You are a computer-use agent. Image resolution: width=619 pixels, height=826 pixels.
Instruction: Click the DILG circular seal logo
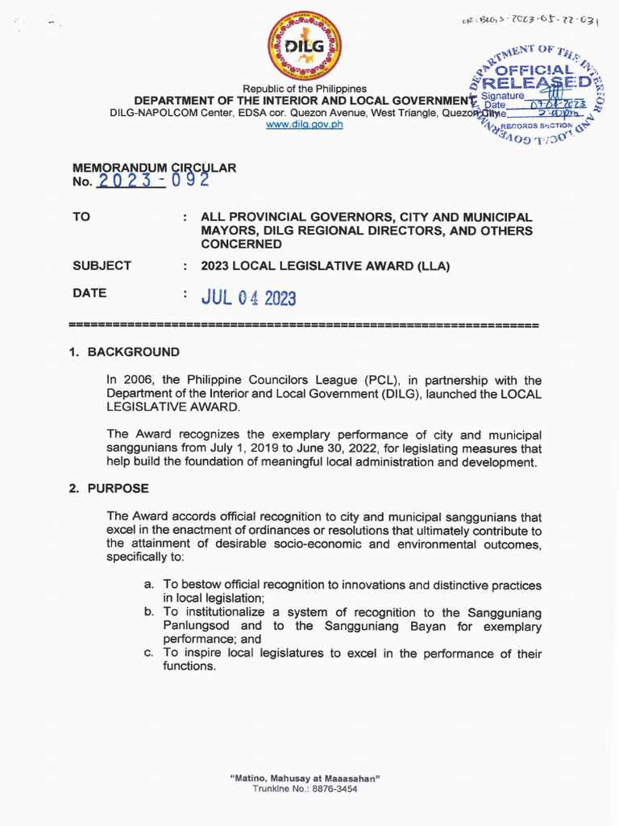(304, 46)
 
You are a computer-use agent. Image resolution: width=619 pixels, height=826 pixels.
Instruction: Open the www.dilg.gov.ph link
(304, 125)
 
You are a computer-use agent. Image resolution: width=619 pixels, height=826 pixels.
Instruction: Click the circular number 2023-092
(153, 181)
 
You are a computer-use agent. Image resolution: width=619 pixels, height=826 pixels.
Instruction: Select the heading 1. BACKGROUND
(124, 353)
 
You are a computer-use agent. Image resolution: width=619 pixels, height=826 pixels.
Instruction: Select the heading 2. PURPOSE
(109, 489)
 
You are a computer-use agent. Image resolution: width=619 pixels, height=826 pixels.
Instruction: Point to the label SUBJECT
(102, 265)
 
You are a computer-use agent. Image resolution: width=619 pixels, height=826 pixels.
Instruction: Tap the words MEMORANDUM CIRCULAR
(154, 168)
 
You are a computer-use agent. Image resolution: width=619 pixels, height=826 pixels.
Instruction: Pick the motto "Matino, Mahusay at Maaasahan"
(305, 778)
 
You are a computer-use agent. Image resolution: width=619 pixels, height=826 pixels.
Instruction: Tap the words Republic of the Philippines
(305, 89)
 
